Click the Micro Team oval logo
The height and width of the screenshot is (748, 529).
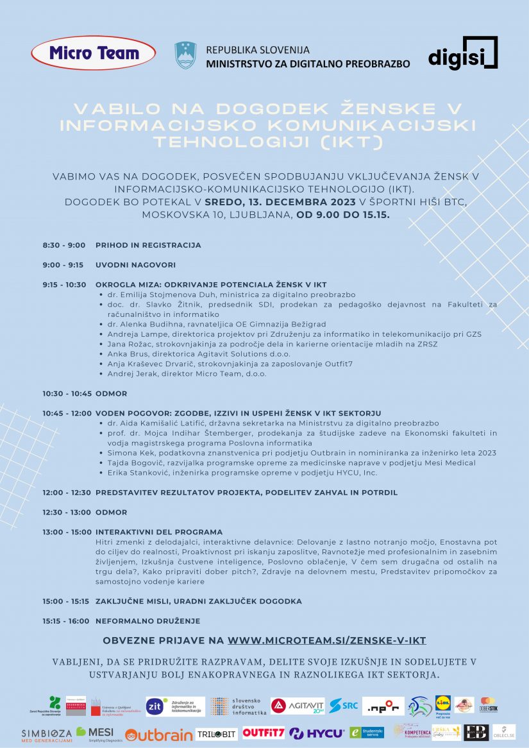click(x=94, y=53)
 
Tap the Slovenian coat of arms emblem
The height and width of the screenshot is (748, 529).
click(x=185, y=55)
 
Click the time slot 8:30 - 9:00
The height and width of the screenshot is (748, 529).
click(x=64, y=245)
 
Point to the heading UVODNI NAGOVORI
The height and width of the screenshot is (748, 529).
click(x=135, y=265)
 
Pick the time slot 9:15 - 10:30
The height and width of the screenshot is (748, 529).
click(x=65, y=285)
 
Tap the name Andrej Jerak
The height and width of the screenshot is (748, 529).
click(x=127, y=373)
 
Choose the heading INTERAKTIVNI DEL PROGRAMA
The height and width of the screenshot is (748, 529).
click(x=159, y=532)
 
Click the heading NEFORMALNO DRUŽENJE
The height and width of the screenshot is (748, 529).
click(x=147, y=621)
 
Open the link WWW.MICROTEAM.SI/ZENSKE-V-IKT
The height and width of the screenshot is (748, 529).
click(x=327, y=640)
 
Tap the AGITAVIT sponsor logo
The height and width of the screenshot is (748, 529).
click(x=298, y=706)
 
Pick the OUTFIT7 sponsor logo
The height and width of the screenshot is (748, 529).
click(x=263, y=733)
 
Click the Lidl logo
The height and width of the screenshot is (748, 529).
click(x=443, y=704)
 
